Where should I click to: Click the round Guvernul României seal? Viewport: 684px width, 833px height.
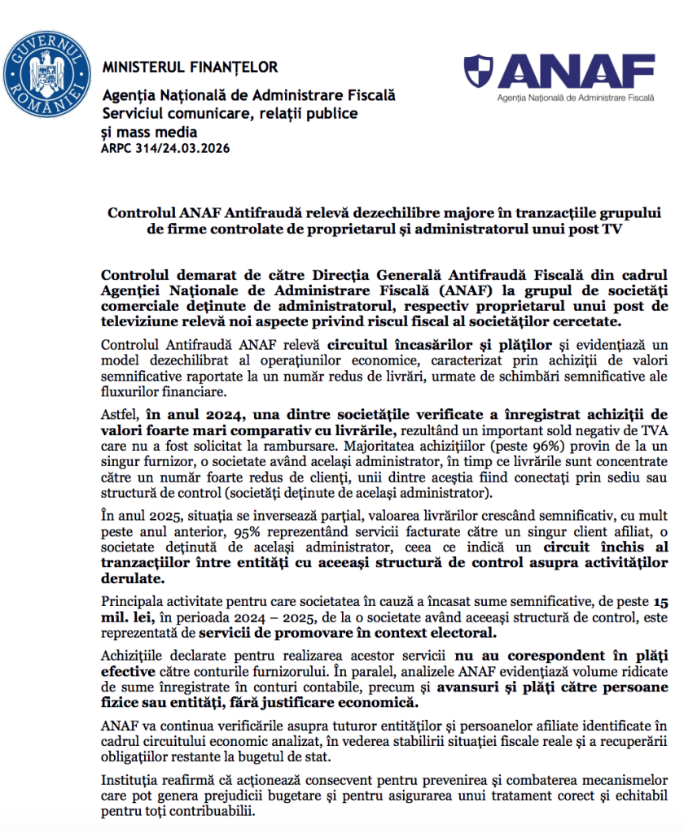pyautogui.click(x=46, y=71)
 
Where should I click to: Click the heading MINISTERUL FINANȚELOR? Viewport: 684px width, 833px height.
pyautogui.click(x=190, y=68)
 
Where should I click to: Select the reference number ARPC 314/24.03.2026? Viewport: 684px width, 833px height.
pyautogui.click(x=165, y=148)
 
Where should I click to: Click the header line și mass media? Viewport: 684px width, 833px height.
pyautogui.click(x=149, y=131)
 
